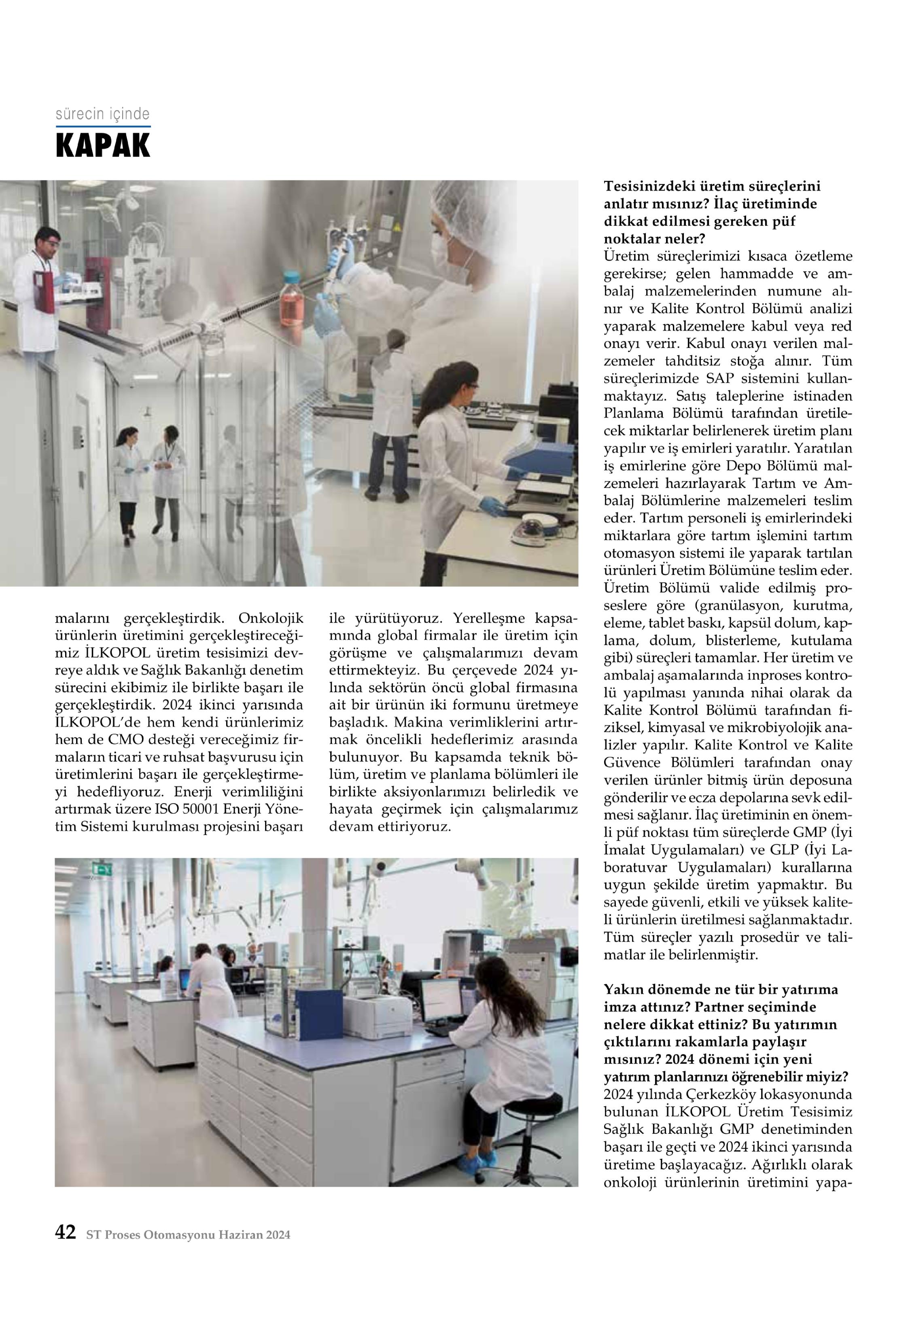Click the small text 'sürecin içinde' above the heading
pyautogui.click(x=102, y=114)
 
